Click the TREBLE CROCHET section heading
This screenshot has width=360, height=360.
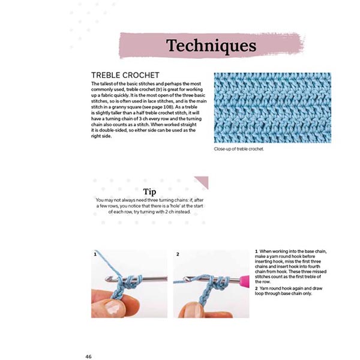[124, 75]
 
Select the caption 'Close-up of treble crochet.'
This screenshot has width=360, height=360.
[238, 149]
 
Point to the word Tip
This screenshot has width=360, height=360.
[150, 191]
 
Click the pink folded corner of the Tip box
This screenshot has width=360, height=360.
[202, 181]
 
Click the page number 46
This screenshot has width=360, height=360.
[88, 356]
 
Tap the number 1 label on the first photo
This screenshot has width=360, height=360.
[95, 254]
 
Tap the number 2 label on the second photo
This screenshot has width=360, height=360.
[178, 254]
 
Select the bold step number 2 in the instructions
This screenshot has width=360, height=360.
[256, 289]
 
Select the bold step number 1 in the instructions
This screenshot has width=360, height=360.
[256, 251]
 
